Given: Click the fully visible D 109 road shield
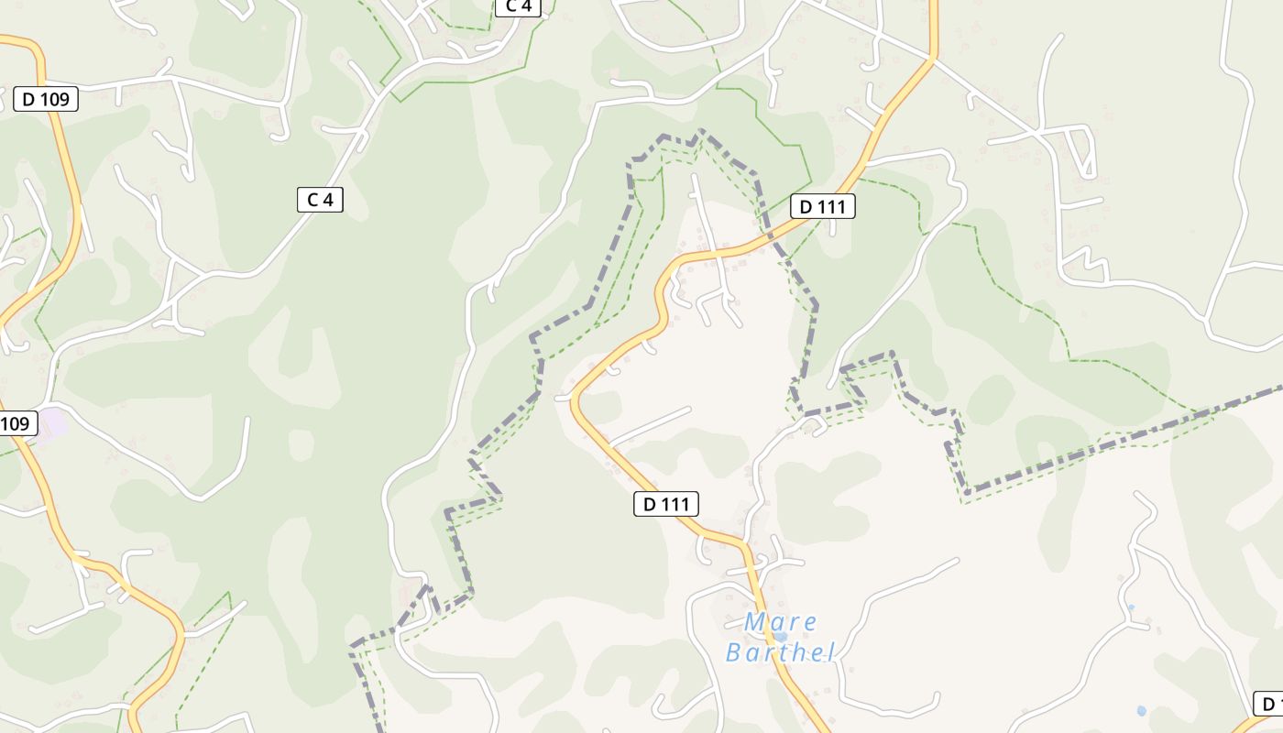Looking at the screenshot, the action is coord(46,99).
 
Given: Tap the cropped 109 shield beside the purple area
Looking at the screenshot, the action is coord(16,423).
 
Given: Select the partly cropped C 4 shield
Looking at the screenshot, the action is coord(518,6).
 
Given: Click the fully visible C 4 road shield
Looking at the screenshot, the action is coord(320,200).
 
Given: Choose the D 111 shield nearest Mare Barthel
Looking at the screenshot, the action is coord(666,503).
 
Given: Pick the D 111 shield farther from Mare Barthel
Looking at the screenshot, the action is coord(822,206).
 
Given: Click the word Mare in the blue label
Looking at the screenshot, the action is coord(780,622).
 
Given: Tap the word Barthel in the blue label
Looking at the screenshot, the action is coord(780,652).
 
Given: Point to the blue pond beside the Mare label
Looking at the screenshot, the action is coord(780,635).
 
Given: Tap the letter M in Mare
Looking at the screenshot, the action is coord(755,622).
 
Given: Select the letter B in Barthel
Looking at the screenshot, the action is coord(735,652).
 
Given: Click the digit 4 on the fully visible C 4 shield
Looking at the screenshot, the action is coord(327,200).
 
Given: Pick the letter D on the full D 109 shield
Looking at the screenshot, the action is coord(27,99).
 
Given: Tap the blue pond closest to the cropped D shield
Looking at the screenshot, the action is coord(1141,710).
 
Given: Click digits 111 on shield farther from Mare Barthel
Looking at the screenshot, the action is coord(831,206).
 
